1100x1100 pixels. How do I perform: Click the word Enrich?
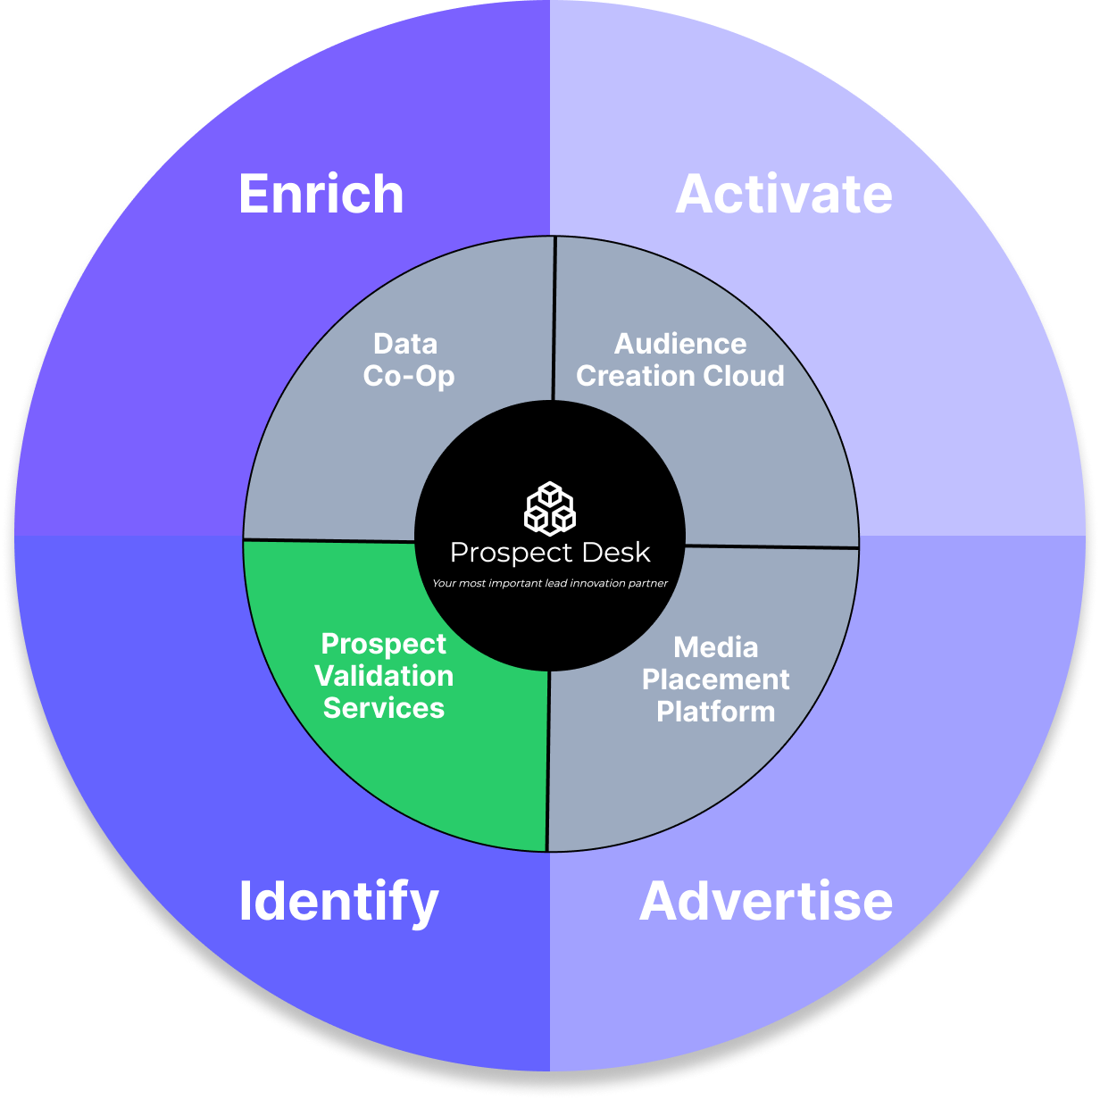coord(321,195)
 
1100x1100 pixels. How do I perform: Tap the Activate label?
coord(784,195)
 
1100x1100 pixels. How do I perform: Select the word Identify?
coord(338,902)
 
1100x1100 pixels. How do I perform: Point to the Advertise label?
coord(766,902)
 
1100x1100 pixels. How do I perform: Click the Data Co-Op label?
coord(408,360)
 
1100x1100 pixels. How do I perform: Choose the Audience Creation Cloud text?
coord(680,360)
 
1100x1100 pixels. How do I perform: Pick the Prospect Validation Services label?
coord(384,676)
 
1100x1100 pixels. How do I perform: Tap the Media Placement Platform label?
coord(716,679)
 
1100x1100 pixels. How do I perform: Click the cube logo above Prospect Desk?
coord(550,508)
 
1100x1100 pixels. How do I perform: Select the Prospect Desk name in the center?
coord(550,553)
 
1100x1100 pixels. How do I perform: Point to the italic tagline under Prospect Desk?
coord(550,584)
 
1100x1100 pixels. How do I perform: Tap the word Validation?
coord(384,676)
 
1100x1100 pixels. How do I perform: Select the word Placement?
coord(716,679)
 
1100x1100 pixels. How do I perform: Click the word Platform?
coord(716,712)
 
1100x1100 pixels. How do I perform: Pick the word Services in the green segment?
coord(384,708)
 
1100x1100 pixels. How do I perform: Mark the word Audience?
coord(680,344)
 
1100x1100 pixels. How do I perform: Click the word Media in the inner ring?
coord(716,647)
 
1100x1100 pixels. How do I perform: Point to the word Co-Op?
coord(409,376)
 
